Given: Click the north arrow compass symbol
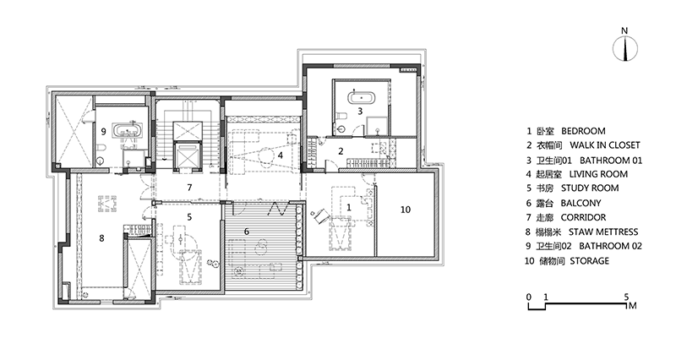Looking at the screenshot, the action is [625, 49].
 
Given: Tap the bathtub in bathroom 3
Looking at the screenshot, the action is [362, 97].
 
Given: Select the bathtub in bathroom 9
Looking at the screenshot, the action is [128, 129].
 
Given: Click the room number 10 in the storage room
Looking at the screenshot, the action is [406, 210].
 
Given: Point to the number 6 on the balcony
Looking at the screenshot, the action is [247, 232].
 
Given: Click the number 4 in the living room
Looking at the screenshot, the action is [281, 155].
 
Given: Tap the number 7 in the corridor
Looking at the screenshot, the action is [189, 188].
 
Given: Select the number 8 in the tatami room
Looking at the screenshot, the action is [101, 238].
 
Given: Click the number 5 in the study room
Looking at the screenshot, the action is [189, 217].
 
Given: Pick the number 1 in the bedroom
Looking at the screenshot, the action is [349, 207].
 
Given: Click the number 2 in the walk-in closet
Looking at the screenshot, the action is [341, 151].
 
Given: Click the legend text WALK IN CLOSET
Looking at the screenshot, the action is [605, 145].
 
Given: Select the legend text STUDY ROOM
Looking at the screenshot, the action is [590, 188].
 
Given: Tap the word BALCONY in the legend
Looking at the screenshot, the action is [581, 203].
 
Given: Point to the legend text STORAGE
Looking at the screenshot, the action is [589, 261].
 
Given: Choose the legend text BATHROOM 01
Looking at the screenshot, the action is [611, 161].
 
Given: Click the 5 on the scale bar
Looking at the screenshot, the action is [626, 297].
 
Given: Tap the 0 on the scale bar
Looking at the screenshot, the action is [529, 297].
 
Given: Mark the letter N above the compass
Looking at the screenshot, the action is [624, 30].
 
